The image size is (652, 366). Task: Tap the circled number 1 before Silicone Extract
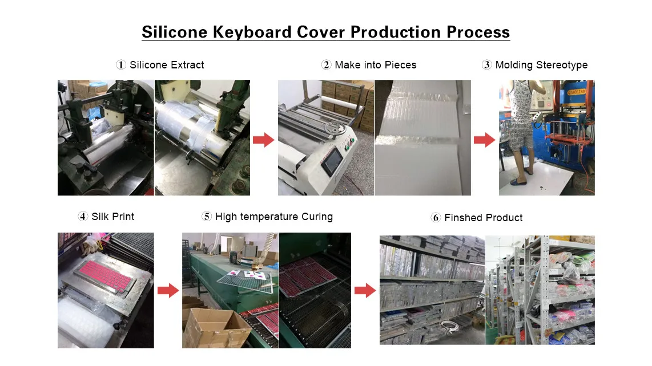[121, 65]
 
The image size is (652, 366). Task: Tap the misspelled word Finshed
[462, 218]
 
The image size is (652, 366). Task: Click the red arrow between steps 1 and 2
[263, 140]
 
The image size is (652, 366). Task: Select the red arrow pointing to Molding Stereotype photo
[484, 140]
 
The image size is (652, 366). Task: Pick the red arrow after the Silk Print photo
[168, 291]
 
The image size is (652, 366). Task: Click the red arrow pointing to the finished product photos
[365, 291]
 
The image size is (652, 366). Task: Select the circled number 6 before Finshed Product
[436, 218]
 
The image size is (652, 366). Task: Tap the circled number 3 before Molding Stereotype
[486, 65]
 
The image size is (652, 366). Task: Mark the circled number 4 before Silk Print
[83, 217]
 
